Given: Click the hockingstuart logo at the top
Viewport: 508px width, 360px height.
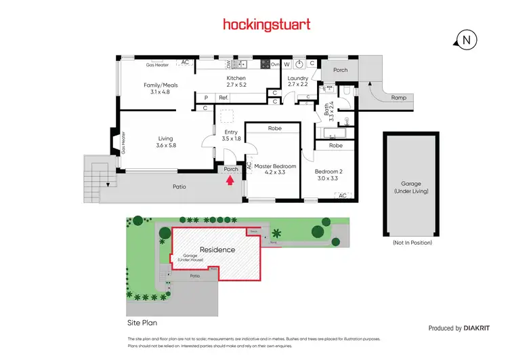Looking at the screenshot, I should (x=267, y=24).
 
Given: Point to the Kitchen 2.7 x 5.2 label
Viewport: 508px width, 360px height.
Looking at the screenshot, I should (x=236, y=82).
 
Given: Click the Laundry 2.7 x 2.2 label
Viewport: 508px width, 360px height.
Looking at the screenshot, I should (x=298, y=82).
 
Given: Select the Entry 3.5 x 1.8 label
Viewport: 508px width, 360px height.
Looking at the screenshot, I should (x=231, y=135).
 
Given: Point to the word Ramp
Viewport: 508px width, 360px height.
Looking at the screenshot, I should (x=399, y=98).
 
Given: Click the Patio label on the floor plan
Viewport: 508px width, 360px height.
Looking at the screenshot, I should (x=178, y=186).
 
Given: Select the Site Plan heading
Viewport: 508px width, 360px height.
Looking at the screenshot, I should (x=142, y=323).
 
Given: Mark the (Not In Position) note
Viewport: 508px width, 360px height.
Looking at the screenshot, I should (x=412, y=242).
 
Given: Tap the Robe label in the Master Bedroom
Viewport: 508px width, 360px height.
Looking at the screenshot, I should (x=274, y=128).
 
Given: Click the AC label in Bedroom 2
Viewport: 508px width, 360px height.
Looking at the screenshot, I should (x=342, y=195).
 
